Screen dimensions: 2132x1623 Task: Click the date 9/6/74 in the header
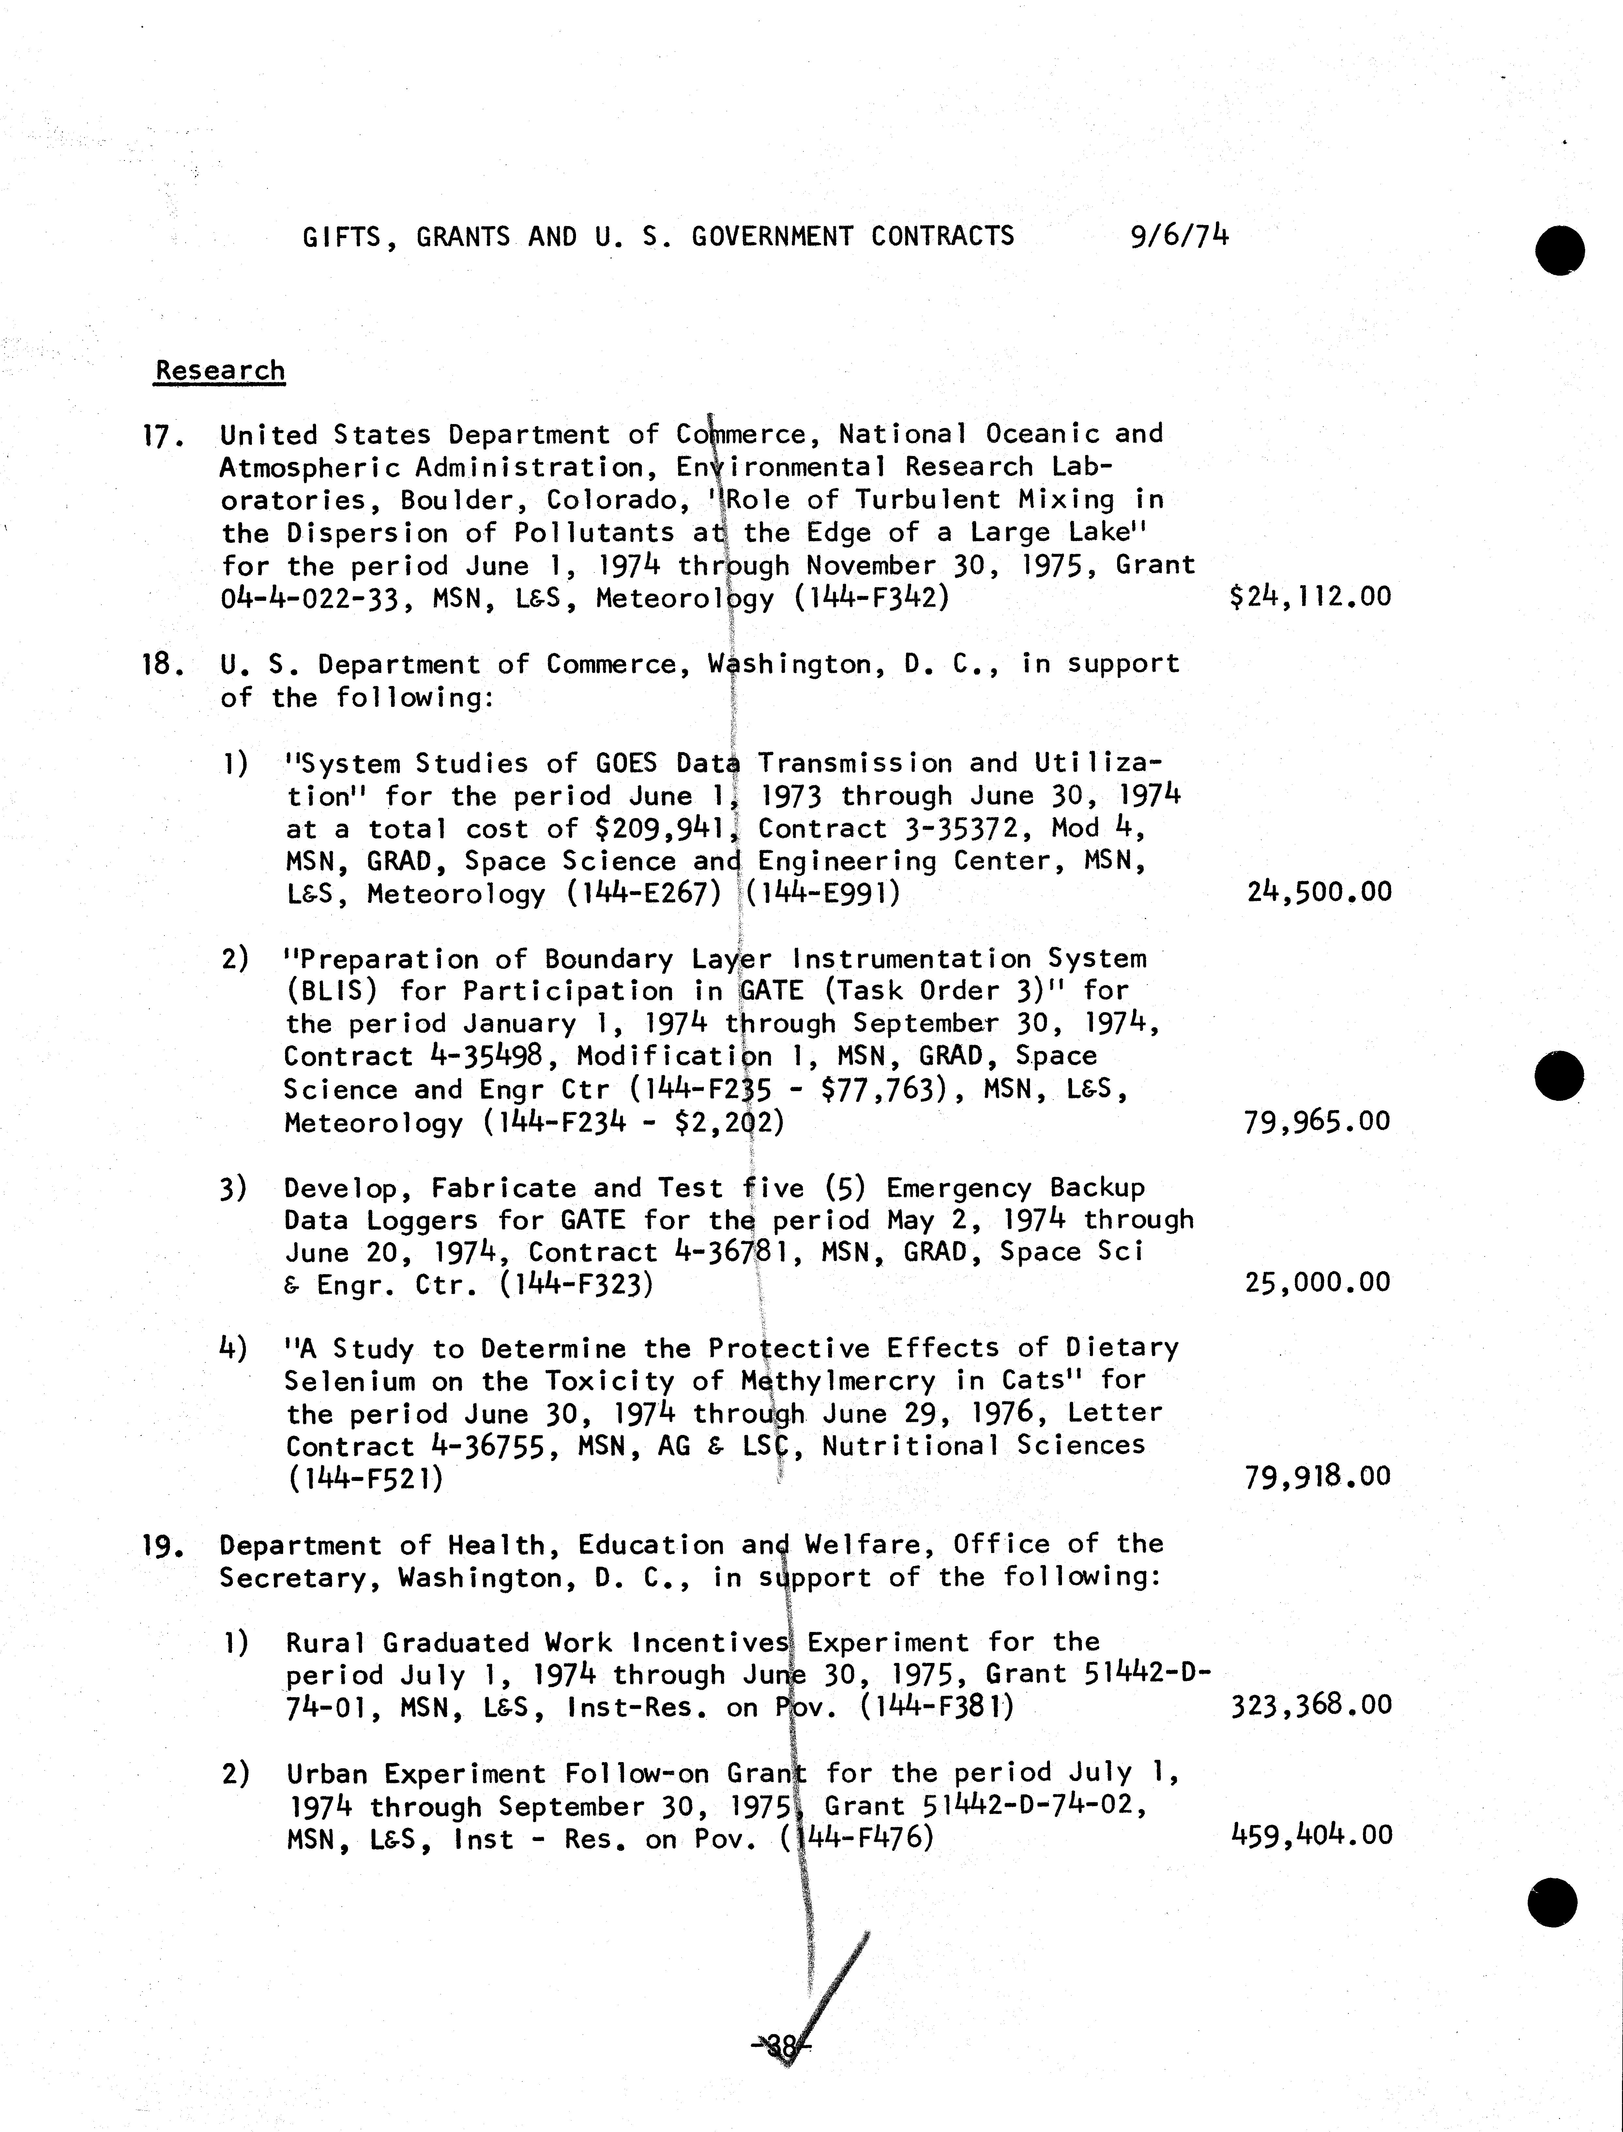[1179, 236]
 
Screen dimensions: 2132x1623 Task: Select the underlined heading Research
[220, 371]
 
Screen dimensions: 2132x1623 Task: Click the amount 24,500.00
[1319, 891]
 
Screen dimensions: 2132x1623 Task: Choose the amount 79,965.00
[1318, 1121]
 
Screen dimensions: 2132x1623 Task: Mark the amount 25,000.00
[1318, 1283]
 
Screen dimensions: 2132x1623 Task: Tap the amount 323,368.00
[1311, 1705]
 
